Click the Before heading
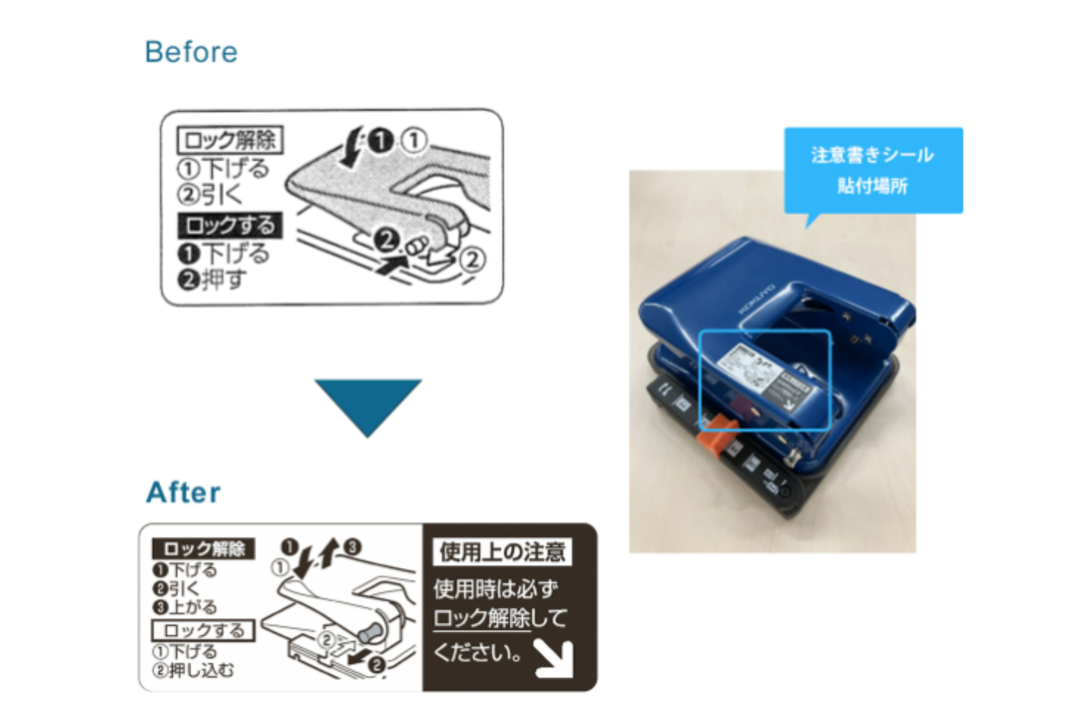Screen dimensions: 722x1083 [x=191, y=52]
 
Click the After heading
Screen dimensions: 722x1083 [x=184, y=492]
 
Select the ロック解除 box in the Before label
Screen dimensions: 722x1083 [x=230, y=140]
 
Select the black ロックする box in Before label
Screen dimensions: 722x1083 [x=230, y=226]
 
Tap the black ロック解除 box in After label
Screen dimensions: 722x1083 [x=203, y=549]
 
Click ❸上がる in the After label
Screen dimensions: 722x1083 [x=185, y=607]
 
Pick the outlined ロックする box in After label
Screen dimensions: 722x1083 [x=203, y=631]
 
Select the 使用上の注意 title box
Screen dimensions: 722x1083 [x=502, y=552]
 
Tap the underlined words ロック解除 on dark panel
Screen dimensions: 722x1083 [x=482, y=619]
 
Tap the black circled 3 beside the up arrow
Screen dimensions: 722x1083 [x=353, y=546]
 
